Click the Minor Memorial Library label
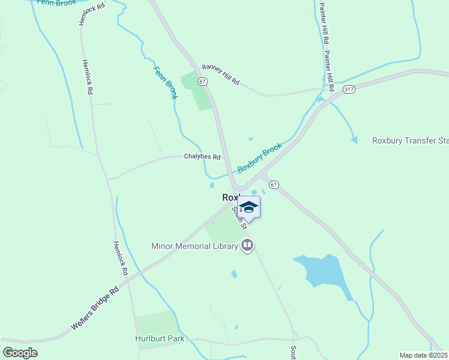coord(194,245)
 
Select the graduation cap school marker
coord(249,207)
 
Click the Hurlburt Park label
coord(159,338)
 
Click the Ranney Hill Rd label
coord(220,75)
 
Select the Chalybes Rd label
coord(202,157)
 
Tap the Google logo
coord(20,352)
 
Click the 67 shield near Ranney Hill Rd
coord(203,81)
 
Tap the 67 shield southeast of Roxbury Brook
coord(274,184)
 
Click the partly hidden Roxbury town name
coord(231,197)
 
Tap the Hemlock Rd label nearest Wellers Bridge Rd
coord(121,258)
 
